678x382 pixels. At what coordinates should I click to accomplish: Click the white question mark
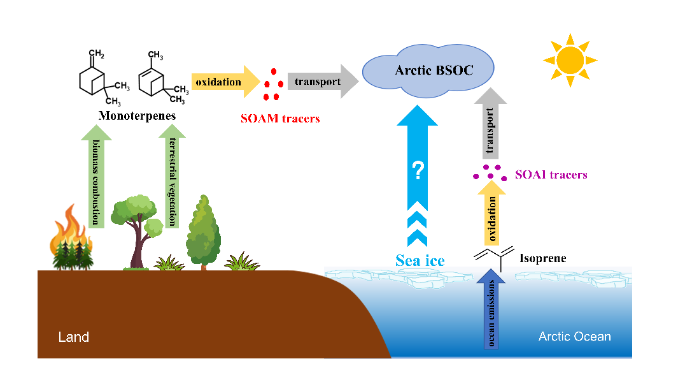418,170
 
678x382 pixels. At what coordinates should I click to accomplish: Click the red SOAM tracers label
280,119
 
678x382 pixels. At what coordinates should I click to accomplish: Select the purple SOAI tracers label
551,174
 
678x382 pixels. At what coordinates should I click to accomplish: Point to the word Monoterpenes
137,117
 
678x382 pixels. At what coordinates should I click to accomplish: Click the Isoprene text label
542,259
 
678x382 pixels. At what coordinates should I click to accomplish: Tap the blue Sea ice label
420,260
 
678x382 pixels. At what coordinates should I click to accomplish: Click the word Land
74,337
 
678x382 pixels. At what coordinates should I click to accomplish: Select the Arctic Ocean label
574,336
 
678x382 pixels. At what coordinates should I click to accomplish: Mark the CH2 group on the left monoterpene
96,52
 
